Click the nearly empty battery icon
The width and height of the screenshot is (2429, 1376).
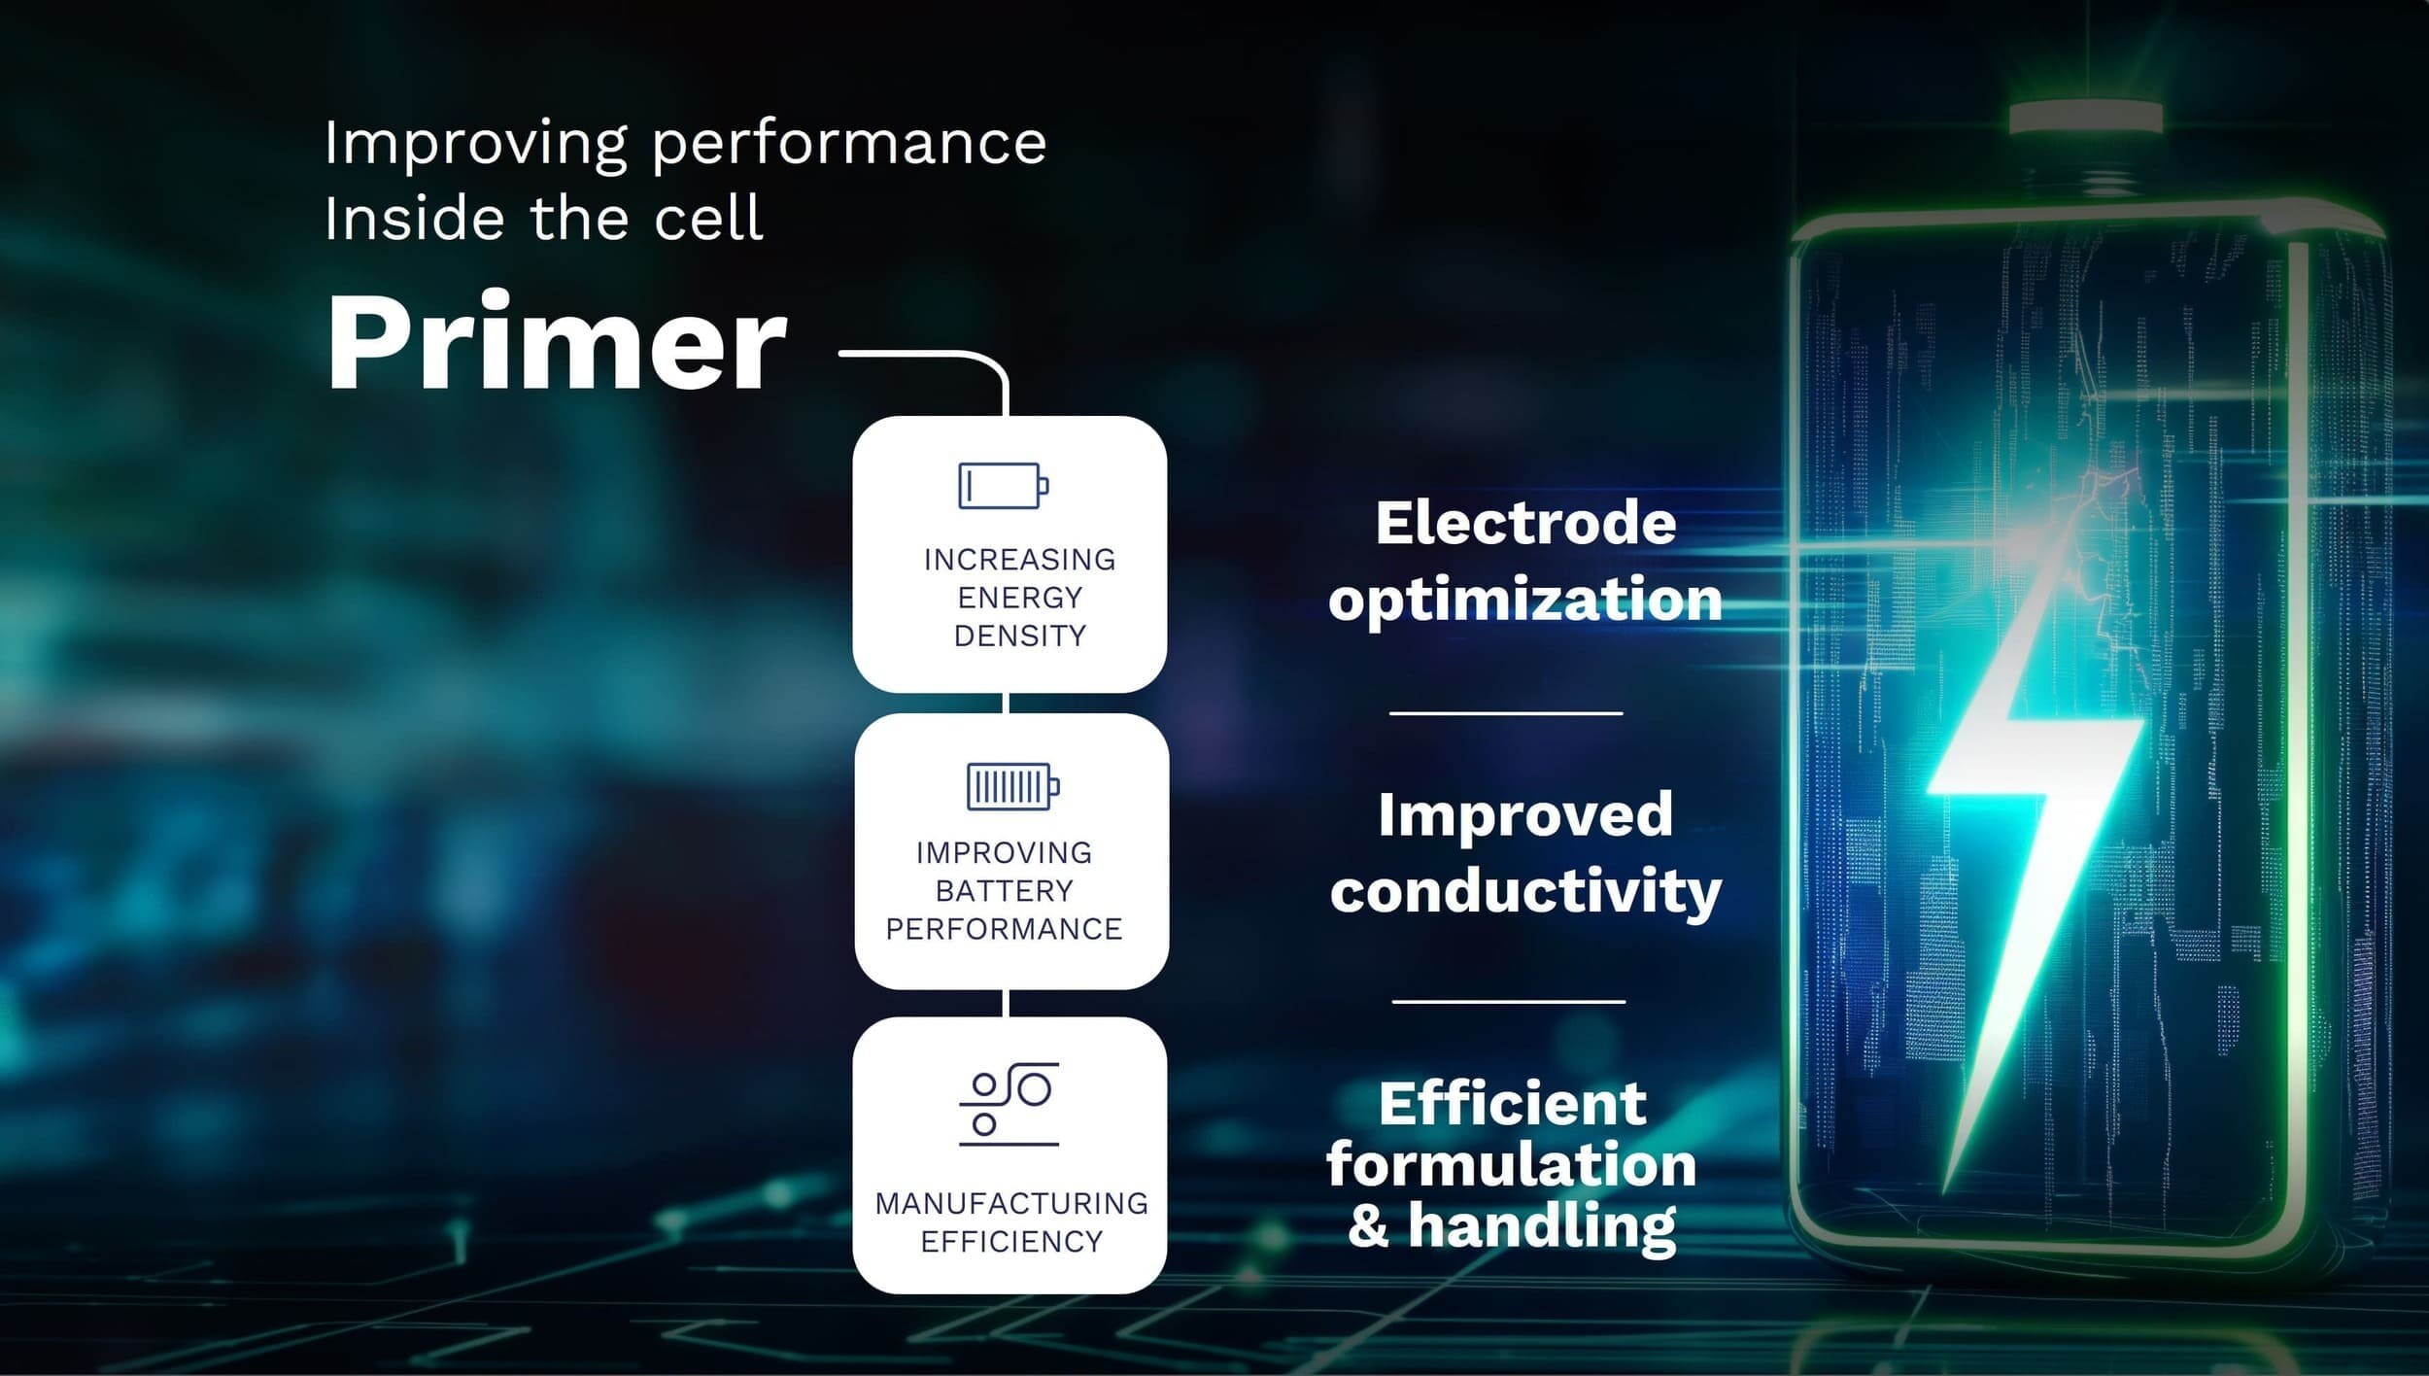click(x=1004, y=485)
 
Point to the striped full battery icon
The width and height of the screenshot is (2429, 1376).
click(x=1013, y=786)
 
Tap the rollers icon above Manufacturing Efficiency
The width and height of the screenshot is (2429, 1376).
click(x=1009, y=1105)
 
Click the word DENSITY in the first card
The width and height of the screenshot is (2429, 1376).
click(x=1019, y=636)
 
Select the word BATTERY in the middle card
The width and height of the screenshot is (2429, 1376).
click(x=1005, y=890)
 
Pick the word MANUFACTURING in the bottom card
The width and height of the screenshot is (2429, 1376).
click(x=1011, y=1203)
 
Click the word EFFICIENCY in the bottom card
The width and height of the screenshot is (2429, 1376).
click(x=1011, y=1241)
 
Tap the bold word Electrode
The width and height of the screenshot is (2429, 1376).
click(x=1525, y=524)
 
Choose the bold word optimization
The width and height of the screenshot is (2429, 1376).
click(x=1525, y=600)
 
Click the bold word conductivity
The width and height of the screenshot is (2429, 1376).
click(x=1525, y=892)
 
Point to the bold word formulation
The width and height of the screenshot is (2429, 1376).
click(x=1512, y=1164)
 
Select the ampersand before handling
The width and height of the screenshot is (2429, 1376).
click(x=1369, y=1225)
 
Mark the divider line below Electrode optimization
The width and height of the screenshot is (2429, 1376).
click(x=1506, y=713)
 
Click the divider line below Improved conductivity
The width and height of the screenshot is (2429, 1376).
click(x=1508, y=1001)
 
